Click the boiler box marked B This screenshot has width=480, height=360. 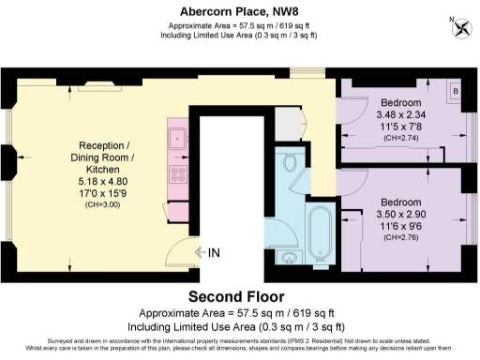point(455,91)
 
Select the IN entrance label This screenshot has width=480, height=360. point(215,253)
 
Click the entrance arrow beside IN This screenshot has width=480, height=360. point(199,253)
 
